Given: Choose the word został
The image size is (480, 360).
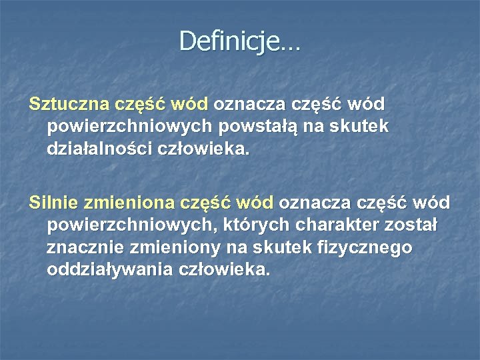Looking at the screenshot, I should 417,225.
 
